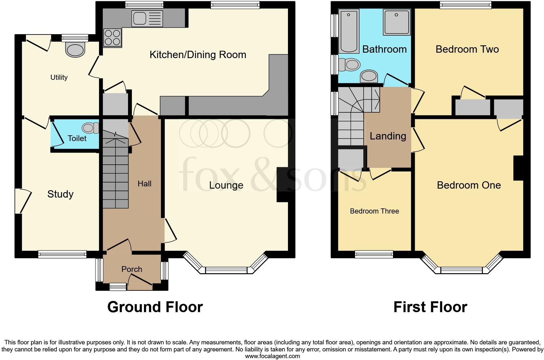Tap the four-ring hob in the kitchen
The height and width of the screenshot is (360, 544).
tap(112, 38)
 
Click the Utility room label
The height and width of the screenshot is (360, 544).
tap(59, 77)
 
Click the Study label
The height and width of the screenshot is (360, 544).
tap(60, 194)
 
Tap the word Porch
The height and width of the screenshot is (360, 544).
tap(132, 269)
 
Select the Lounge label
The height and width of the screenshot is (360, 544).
tap(226, 185)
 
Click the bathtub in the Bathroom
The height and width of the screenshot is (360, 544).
tap(349, 31)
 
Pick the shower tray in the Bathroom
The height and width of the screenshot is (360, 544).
tap(397, 22)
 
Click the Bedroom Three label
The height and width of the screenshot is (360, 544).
tap(374, 211)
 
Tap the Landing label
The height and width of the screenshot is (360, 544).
tap(388, 136)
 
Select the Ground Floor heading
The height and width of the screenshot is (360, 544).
tap(155, 307)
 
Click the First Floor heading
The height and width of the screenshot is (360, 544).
tap(430, 307)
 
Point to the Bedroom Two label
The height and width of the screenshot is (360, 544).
tap(467, 49)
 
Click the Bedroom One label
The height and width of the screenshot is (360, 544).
tap(469, 185)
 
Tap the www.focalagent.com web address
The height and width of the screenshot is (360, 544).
tap(272, 356)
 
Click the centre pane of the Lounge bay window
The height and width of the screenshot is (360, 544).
tap(226, 270)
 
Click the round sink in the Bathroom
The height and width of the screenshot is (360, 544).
tap(369, 77)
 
